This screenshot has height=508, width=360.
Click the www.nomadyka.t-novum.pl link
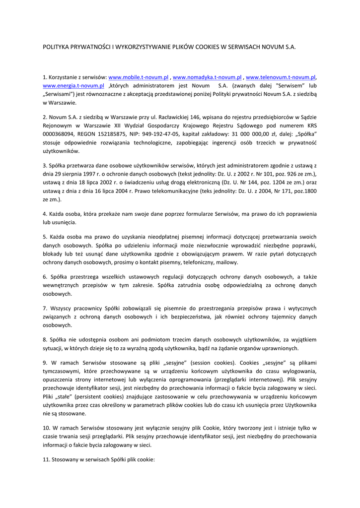[x=207, y=77]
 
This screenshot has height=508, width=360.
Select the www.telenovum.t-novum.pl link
[x=281, y=77]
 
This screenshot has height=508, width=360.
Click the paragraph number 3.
[x=45, y=165]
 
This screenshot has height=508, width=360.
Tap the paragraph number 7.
[x=45, y=308]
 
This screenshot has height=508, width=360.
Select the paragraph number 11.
[x=46, y=459]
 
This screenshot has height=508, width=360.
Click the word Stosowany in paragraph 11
[x=66, y=459]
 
